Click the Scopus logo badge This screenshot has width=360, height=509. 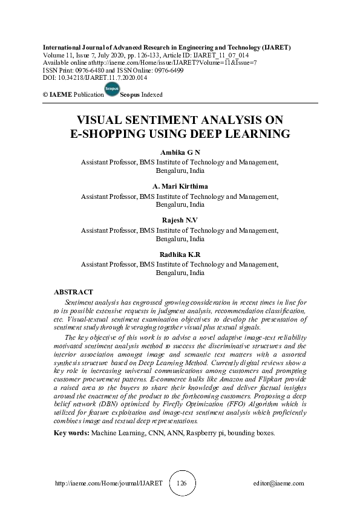pos(112,89)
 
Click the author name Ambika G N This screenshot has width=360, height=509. pos(180,153)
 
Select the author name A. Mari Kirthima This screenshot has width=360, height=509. pos(180,187)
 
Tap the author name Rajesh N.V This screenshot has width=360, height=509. pos(180,221)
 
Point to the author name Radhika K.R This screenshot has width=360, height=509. pos(180,254)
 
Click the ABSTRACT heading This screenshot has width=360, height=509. pos(73,292)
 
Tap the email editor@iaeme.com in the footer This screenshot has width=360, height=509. pos(279,484)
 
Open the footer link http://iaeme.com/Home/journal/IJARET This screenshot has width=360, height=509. pos(98,484)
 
